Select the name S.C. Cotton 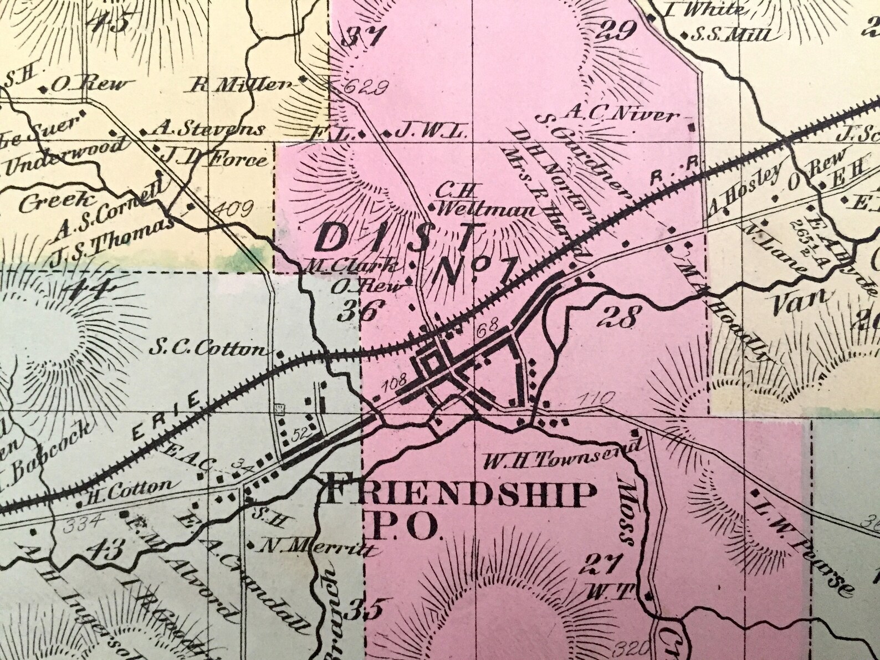click(x=208, y=350)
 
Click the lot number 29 click(x=617, y=32)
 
